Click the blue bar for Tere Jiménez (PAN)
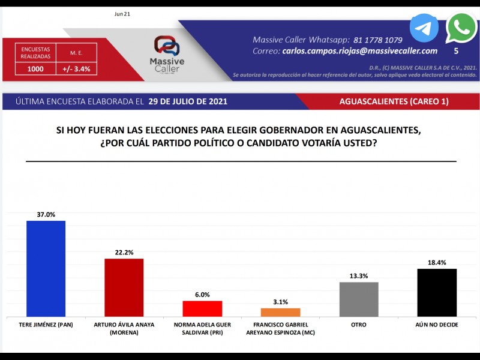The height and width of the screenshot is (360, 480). click(46, 269)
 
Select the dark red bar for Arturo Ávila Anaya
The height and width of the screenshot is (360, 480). click(124, 287)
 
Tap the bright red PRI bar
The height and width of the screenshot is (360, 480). click(202, 308)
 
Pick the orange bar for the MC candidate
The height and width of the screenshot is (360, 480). click(280, 312)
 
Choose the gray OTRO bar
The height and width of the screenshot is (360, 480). click(359, 299)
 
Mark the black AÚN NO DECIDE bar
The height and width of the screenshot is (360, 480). click(437, 292)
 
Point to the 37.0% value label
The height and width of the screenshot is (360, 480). click(46, 214)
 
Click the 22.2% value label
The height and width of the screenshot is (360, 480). click(124, 252)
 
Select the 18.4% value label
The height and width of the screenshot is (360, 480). click(437, 262)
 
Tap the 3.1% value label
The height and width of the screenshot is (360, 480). click(280, 302)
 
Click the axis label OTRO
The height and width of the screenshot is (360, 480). click(359, 325)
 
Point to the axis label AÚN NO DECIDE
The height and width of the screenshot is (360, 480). click(437, 325)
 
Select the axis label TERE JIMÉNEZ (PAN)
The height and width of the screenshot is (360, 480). click(46, 325)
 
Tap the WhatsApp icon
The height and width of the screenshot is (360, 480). click(461, 28)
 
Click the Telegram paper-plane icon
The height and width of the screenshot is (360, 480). click(424, 28)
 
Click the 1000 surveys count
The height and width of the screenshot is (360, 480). click(35, 69)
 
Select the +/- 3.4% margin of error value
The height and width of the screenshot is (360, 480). click(76, 69)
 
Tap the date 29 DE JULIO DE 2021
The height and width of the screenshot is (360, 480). click(188, 101)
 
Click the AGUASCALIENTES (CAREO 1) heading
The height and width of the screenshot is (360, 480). click(394, 101)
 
